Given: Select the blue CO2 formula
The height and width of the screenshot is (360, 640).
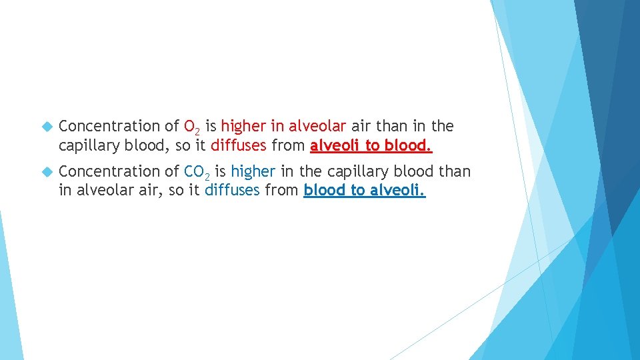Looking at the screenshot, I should point(198,173).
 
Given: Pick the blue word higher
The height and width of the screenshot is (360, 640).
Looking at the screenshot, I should point(253,172).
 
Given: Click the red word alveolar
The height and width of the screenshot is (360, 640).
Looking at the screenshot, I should point(317,126).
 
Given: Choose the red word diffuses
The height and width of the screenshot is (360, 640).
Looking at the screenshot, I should point(238,145).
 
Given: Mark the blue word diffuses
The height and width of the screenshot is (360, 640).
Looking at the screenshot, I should point(232,191).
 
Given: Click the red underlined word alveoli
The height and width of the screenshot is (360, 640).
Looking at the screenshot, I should point(335,145).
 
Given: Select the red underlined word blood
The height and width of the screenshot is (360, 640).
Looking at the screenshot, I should point(409,145).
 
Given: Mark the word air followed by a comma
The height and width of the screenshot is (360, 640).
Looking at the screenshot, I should point(147,191).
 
